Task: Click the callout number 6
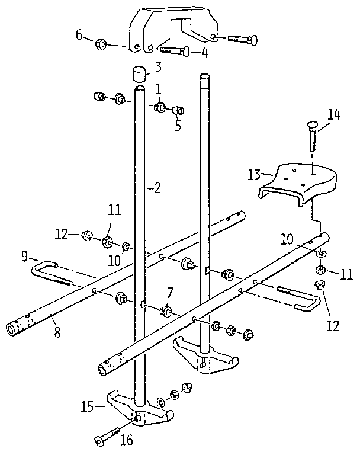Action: pyautogui.click(x=79, y=34)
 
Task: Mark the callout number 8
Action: pyautogui.click(x=57, y=333)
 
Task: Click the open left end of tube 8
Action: pyautogui.click(x=12, y=328)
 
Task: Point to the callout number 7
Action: pyautogui.click(x=170, y=292)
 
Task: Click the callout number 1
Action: pyautogui.click(x=159, y=89)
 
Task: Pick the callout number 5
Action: pyautogui.click(x=177, y=125)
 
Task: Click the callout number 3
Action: pyautogui.click(x=159, y=66)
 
